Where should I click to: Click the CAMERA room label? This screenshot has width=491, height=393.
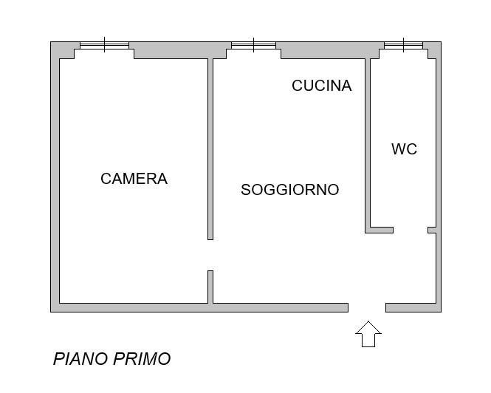click(x=134, y=179)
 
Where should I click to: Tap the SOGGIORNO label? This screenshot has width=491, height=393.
click(x=289, y=190)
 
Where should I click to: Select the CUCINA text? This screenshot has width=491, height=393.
click(x=321, y=86)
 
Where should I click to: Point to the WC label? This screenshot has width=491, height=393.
click(x=404, y=149)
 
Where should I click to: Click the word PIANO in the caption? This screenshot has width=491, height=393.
click(x=80, y=359)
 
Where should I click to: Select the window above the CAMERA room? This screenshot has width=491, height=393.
click(x=104, y=46)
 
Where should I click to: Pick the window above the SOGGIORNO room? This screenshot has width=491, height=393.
click(x=253, y=46)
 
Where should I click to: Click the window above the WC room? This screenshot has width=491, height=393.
click(x=404, y=46)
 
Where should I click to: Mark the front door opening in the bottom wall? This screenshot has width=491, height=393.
click(x=367, y=307)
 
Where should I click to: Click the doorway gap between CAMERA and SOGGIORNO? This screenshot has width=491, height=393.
click(x=210, y=255)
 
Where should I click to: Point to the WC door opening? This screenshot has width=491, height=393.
click(x=411, y=230)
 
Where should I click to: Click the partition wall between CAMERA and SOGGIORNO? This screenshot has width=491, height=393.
click(x=210, y=148)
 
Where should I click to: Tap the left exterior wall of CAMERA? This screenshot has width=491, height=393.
click(x=55, y=177)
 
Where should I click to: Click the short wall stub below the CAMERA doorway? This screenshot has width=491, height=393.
click(x=210, y=287)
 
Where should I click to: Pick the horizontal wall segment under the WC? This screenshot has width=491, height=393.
click(x=380, y=230)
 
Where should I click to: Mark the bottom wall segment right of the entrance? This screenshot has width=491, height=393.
click(x=413, y=307)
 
